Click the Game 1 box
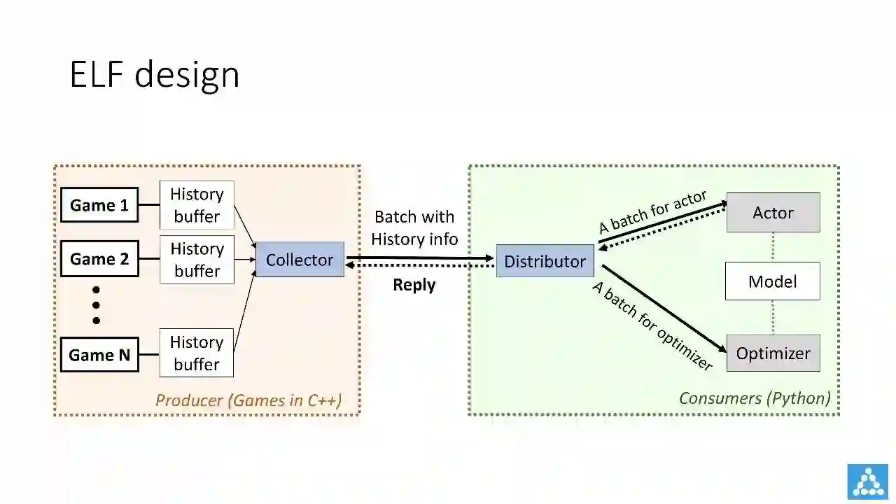(x=99, y=205)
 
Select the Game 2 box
(x=99, y=259)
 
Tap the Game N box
(x=99, y=355)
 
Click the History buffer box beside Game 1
(x=197, y=205)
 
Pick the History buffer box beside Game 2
(x=197, y=260)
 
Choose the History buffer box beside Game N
(x=197, y=353)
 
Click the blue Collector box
(x=300, y=260)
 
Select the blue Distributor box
(x=545, y=261)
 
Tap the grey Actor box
(x=773, y=213)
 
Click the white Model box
(x=772, y=281)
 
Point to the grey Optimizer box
(x=773, y=353)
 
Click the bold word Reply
(x=414, y=285)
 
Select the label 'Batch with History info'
(x=414, y=228)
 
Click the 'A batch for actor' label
(x=652, y=212)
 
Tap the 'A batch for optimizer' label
(x=652, y=325)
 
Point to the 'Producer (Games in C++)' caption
(x=248, y=400)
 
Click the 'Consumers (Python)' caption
(x=755, y=398)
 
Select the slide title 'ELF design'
(x=155, y=74)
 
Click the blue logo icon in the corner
(x=867, y=482)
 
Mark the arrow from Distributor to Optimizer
(x=664, y=308)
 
